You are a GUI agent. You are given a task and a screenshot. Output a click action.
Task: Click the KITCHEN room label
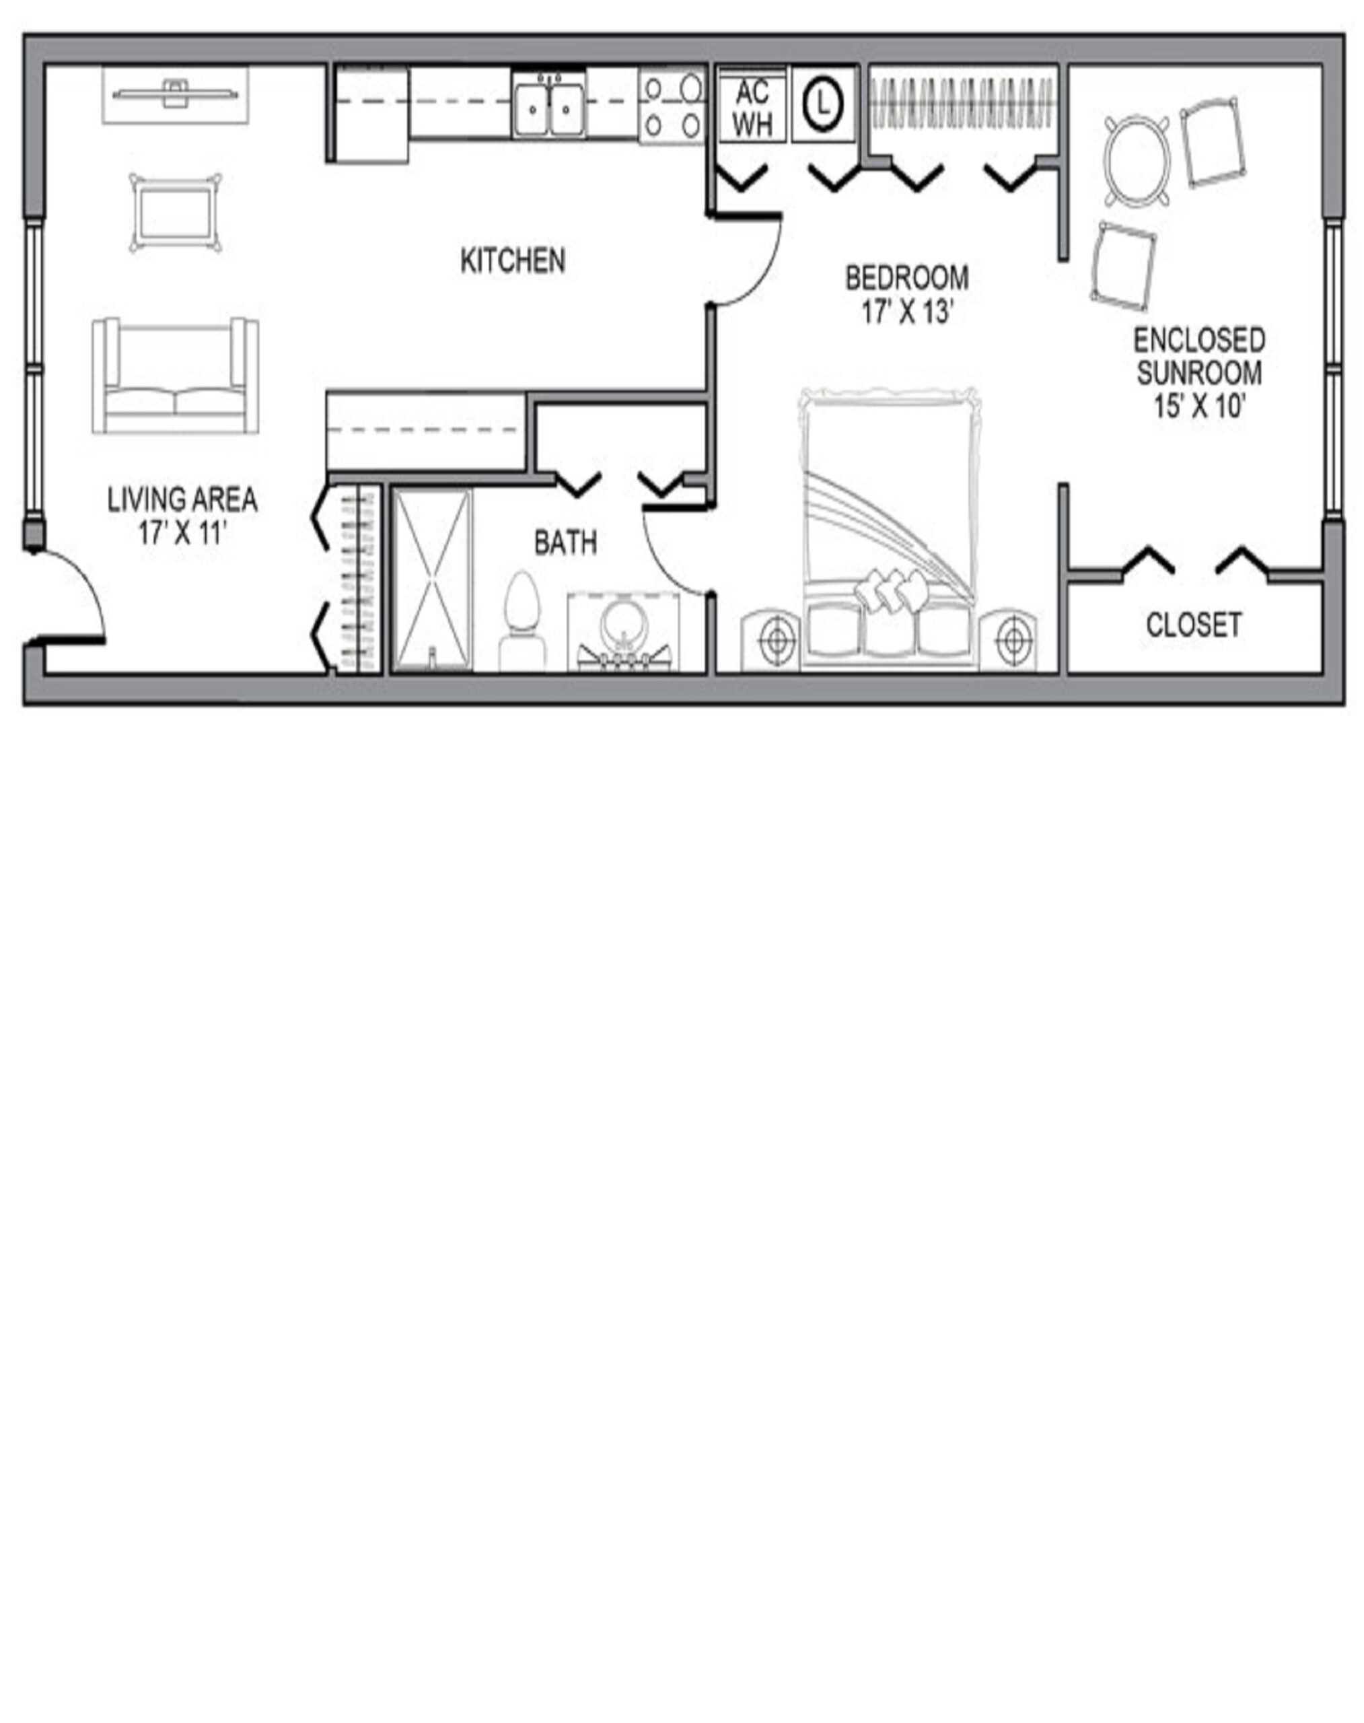(x=513, y=260)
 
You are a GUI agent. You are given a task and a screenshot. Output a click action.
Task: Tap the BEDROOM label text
(x=907, y=278)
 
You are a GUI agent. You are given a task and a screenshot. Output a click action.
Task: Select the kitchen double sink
(x=548, y=106)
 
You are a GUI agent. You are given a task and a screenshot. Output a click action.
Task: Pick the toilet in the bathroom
(x=521, y=621)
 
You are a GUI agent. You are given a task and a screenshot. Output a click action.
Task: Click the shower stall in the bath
(x=432, y=580)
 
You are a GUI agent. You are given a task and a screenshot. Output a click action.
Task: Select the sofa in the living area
(x=176, y=376)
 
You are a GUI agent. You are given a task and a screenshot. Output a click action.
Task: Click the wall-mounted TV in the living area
(x=176, y=94)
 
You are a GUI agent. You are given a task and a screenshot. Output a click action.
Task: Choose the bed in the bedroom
(x=890, y=529)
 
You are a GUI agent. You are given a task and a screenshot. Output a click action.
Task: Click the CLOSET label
(x=1194, y=625)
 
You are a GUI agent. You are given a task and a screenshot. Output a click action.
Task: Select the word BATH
(x=565, y=543)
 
